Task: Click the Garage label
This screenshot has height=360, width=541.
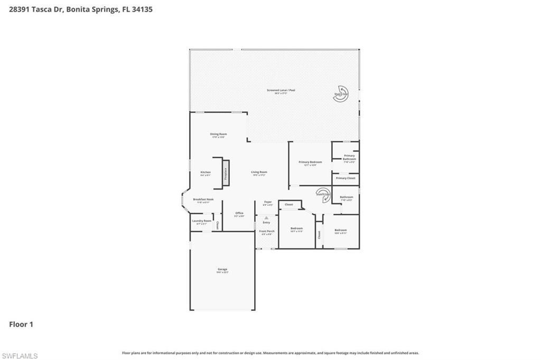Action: point(222,269)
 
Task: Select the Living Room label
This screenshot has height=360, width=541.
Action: point(259,172)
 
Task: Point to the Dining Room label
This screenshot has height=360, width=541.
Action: point(218,134)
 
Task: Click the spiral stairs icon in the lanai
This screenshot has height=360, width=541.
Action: point(342,93)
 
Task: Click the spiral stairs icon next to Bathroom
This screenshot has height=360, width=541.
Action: point(323,194)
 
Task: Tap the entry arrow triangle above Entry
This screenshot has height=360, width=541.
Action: point(266,217)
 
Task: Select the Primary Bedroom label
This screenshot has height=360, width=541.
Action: point(310,162)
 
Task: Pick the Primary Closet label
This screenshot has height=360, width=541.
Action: point(346,178)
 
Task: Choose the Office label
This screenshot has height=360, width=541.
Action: point(239,213)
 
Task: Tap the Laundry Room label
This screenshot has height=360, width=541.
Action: point(201,221)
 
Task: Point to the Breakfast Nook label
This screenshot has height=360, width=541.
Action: point(203,200)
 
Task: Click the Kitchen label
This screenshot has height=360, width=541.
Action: point(206,173)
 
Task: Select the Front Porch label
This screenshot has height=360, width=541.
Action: point(266,231)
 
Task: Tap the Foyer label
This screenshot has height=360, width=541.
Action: point(268,202)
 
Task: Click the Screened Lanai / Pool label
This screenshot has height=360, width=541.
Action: point(281,90)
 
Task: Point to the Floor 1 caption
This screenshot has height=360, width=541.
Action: point(21,324)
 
